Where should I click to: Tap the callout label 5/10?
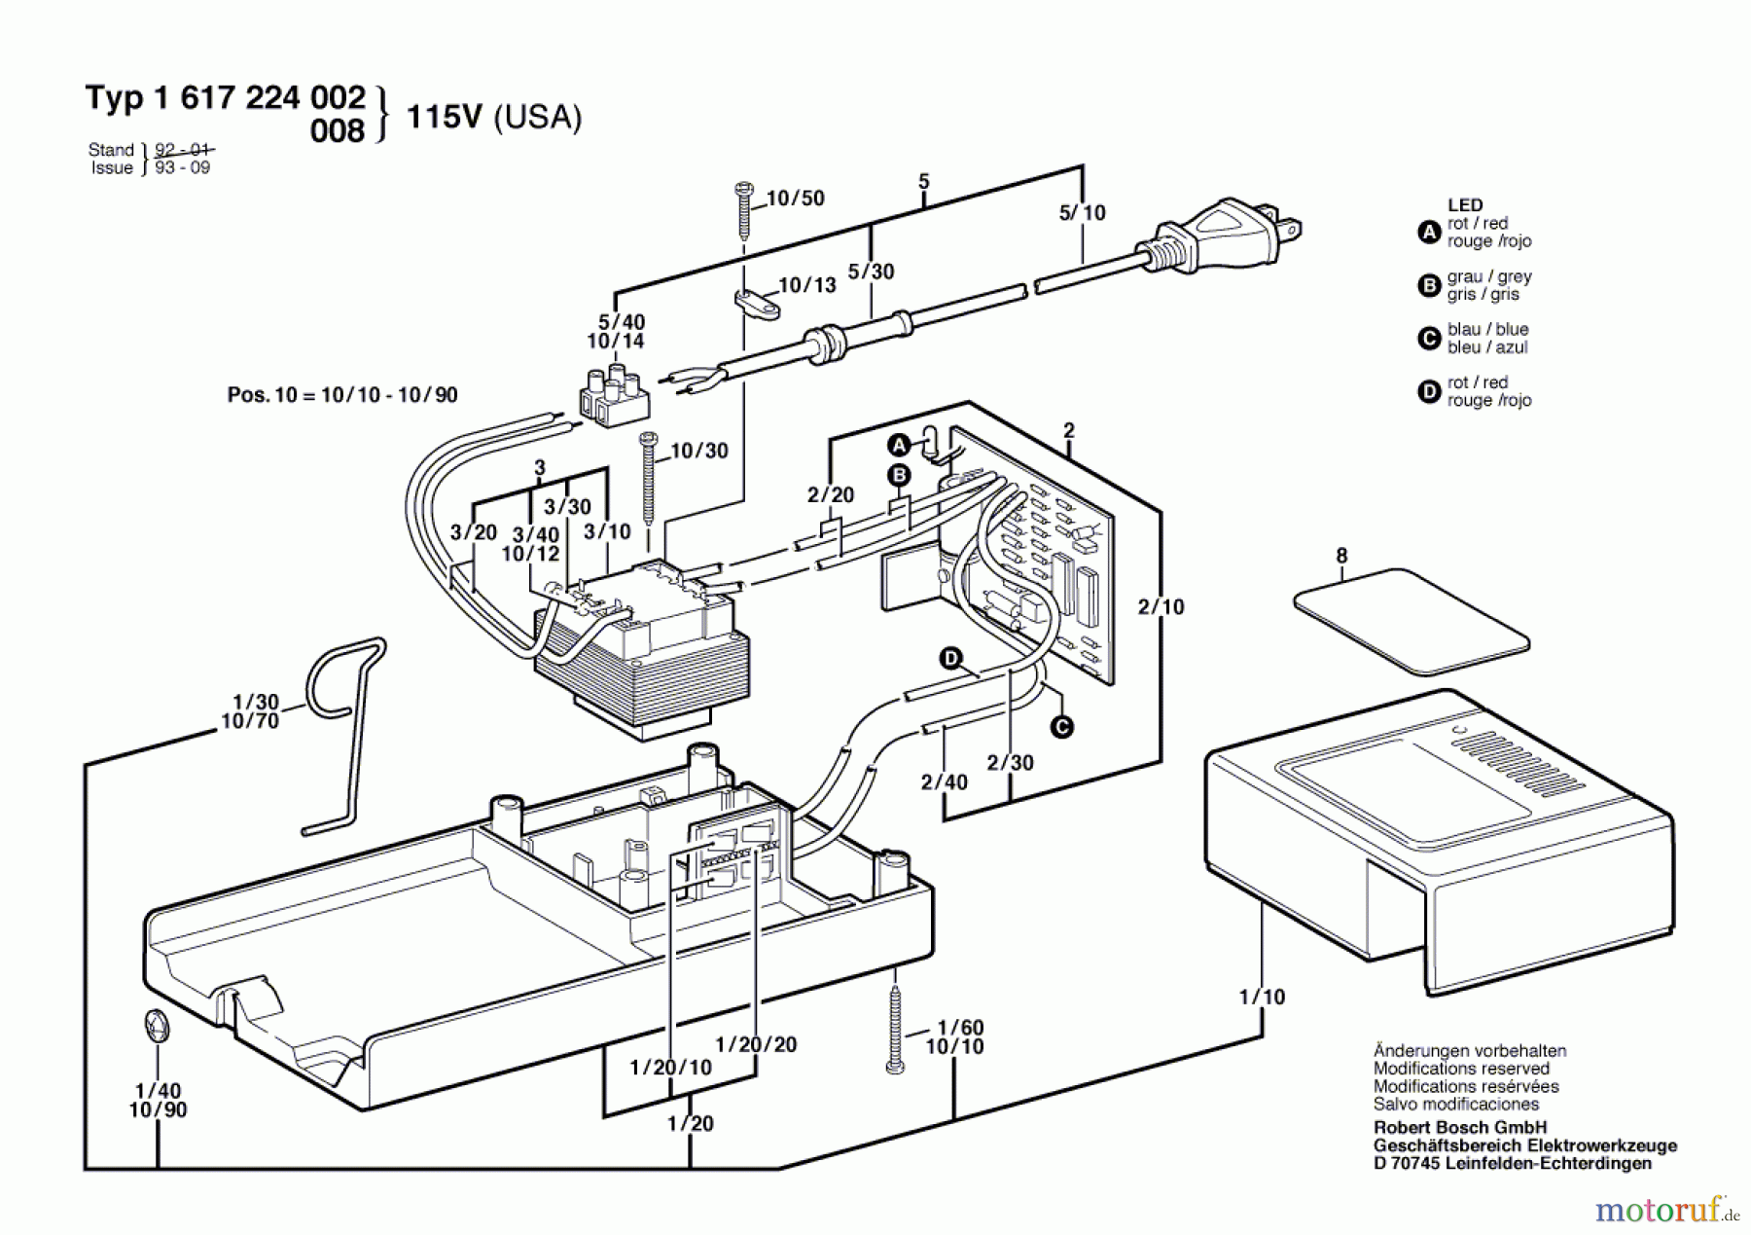[x=1082, y=213]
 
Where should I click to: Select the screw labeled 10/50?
[x=744, y=209]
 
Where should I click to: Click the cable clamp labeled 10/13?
[x=755, y=304]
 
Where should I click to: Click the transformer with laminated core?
[x=642, y=652]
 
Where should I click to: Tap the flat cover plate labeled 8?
[x=1411, y=620]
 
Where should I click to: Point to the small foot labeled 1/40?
[x=157, y=1028]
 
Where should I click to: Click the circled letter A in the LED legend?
[x=1428, y=233]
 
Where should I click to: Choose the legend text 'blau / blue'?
[x=1487, y=330]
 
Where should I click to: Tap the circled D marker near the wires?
[x=950, y=659]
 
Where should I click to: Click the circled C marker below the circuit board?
[x=1062, y=726]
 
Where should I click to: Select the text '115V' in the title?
[x=444, y=117]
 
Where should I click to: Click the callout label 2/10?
[x=1161, y=606]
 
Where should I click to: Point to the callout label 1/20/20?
[x=756, y=1044]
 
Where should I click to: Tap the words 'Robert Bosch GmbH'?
[x=1459, y=1128]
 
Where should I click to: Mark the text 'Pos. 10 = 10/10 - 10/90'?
[x=342, y=395]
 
